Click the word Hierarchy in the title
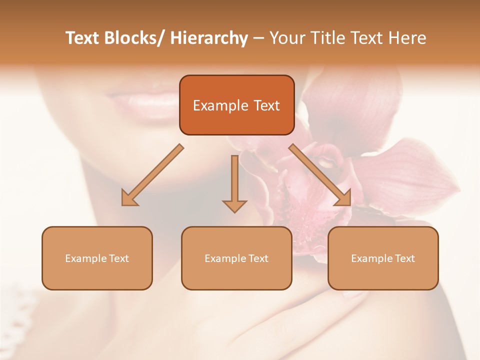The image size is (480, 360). (209, 38)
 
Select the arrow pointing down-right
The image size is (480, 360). (321, 175)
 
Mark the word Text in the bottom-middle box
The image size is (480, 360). (257, 258)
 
